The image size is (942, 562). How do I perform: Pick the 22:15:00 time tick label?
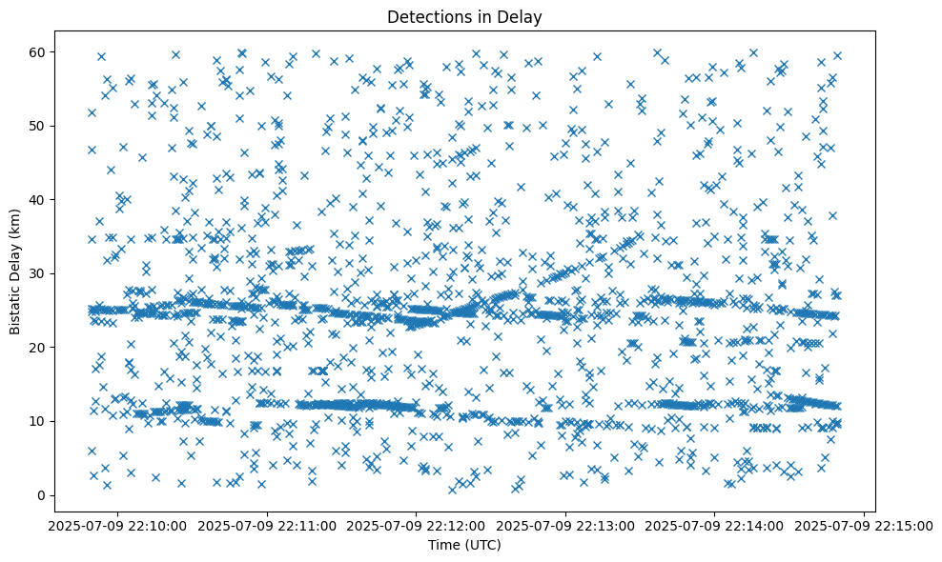click(x=865, y=525)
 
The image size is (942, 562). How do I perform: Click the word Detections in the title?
click(x=424, y=17)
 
